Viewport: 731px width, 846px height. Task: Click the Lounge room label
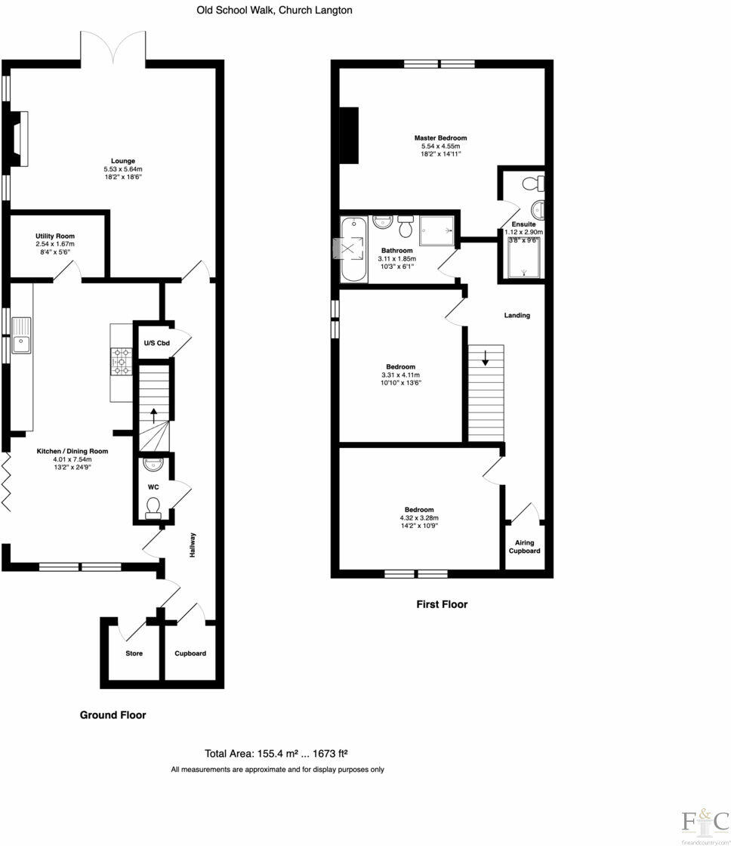click(122, 160)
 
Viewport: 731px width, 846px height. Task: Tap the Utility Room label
click(54, 236)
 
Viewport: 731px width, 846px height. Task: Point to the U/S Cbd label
click(156, 344)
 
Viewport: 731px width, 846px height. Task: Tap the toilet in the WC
click(153, 507)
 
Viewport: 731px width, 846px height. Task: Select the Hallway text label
click(193, 545)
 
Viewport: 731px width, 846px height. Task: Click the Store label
click(134, 653)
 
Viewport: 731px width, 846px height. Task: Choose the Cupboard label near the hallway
click(190, 653)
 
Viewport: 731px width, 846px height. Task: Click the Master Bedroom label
click(440, 138)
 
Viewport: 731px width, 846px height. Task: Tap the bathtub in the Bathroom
click(352, 249)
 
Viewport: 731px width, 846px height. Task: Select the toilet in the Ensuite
click(538, 184)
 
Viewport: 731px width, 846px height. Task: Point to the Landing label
click(517, 315)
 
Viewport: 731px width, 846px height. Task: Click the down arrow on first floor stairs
click(485, 358)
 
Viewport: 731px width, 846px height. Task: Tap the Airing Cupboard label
click(528, 546)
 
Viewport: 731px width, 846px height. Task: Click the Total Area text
click(276, 753)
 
